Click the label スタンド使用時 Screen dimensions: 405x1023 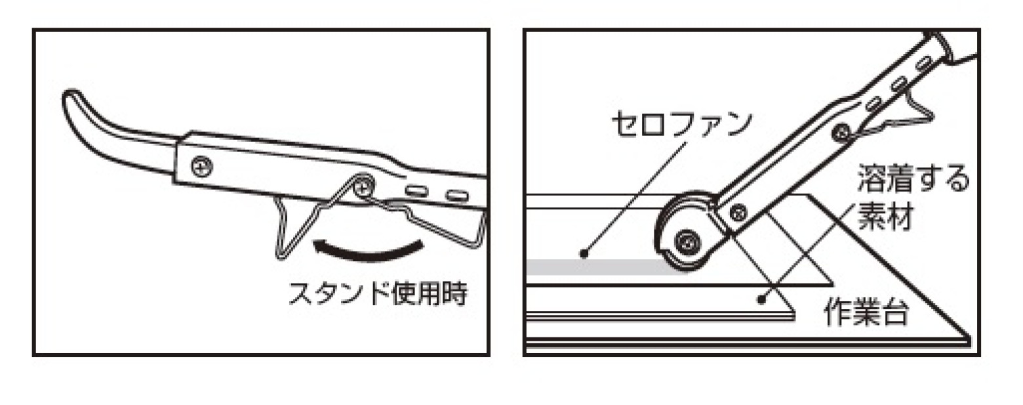pos(378,295)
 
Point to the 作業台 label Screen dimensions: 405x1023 pos(866,315)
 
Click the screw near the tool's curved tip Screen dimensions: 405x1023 pos(200,166)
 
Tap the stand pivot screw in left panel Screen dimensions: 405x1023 pos(361,188)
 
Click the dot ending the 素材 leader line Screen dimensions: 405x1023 pos(761,300)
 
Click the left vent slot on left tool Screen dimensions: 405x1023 pos(416,191)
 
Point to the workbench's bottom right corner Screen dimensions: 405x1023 pos(969,340)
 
